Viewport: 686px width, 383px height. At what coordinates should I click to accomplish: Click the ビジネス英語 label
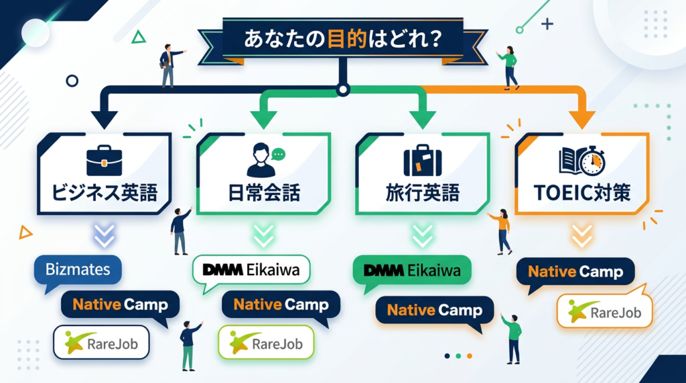[x=105, y=194]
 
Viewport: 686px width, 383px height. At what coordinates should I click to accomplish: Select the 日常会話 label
[x=263, y=194]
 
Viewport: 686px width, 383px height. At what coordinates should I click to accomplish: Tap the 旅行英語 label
[x=422, y=194]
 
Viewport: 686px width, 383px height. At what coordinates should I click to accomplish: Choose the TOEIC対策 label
[x=581, y=194]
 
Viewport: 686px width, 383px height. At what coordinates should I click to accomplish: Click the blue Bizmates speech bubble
[x=78, y=271]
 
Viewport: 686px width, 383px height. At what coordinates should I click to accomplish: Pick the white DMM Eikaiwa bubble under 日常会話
[x=251, y=271]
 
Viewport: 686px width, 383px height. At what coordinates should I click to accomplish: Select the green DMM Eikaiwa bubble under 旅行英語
[x=411, y=271]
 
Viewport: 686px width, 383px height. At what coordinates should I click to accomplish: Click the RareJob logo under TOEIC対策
[x=604, y=312]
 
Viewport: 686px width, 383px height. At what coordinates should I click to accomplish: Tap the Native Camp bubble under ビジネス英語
[x=120, y=305]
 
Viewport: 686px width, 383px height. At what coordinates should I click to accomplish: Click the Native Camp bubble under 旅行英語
[x=434, y=311]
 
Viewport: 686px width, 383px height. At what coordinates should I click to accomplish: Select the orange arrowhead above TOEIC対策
[x=581, y=119]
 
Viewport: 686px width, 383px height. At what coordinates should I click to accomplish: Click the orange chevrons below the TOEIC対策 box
[x=581, y=235]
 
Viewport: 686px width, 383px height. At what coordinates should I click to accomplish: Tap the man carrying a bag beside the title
[x=168, y=66]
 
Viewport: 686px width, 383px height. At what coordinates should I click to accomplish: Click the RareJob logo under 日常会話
[x=266, y=343]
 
